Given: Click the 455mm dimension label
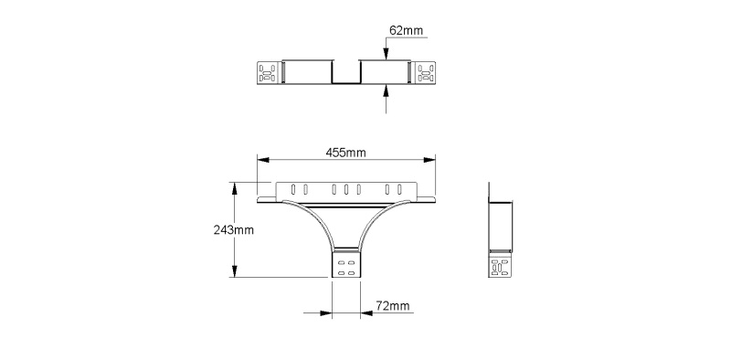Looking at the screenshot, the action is click(x=345, y=153).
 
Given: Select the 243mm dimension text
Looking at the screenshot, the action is click(x=234, y=230).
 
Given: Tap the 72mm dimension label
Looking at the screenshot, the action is click(x=393, y=306).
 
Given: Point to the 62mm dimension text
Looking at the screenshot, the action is click(x=406, y=31).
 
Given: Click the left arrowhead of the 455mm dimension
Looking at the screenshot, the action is click(x=263, y=160).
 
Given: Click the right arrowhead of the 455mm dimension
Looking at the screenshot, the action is click(x=429, y=160).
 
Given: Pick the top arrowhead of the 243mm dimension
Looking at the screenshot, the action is click(x=235, y=188).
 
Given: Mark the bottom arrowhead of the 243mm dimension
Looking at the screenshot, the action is click(x=235, y=271).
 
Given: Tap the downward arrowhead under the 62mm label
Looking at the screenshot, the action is click(x=386, y=54).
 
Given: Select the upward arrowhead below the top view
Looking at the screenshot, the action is click(x=386, y=90).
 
